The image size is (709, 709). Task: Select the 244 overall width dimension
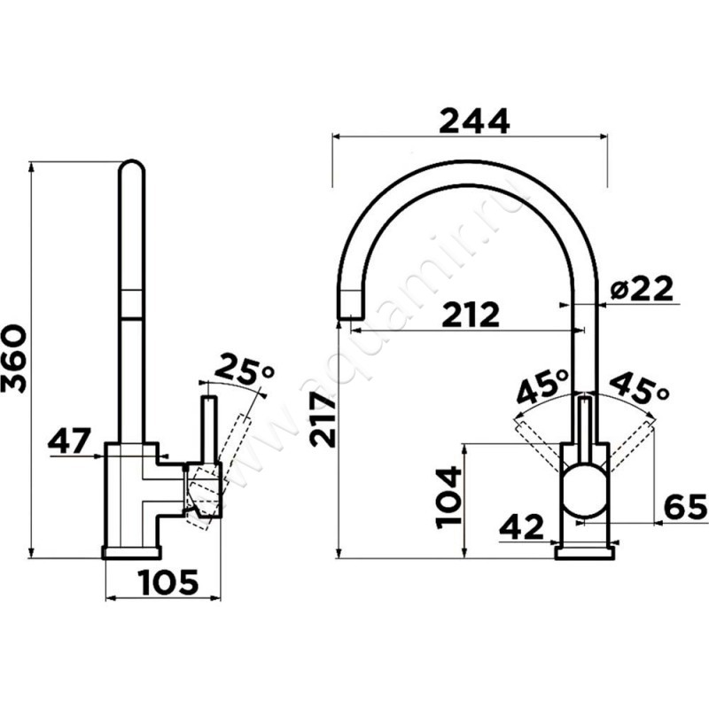point(474,121)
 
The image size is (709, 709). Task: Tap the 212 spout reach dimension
point(471,314)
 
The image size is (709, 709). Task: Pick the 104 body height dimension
point(448,497)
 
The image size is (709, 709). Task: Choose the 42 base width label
point(521,526)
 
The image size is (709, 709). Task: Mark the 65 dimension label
point(685,506)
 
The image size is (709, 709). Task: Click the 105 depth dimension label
point(169,582)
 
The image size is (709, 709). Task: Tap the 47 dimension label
point(69,440)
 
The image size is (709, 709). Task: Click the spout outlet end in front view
point(351,306)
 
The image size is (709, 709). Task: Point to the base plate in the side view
point(132,552)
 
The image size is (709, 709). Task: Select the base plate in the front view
point(585,552)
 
